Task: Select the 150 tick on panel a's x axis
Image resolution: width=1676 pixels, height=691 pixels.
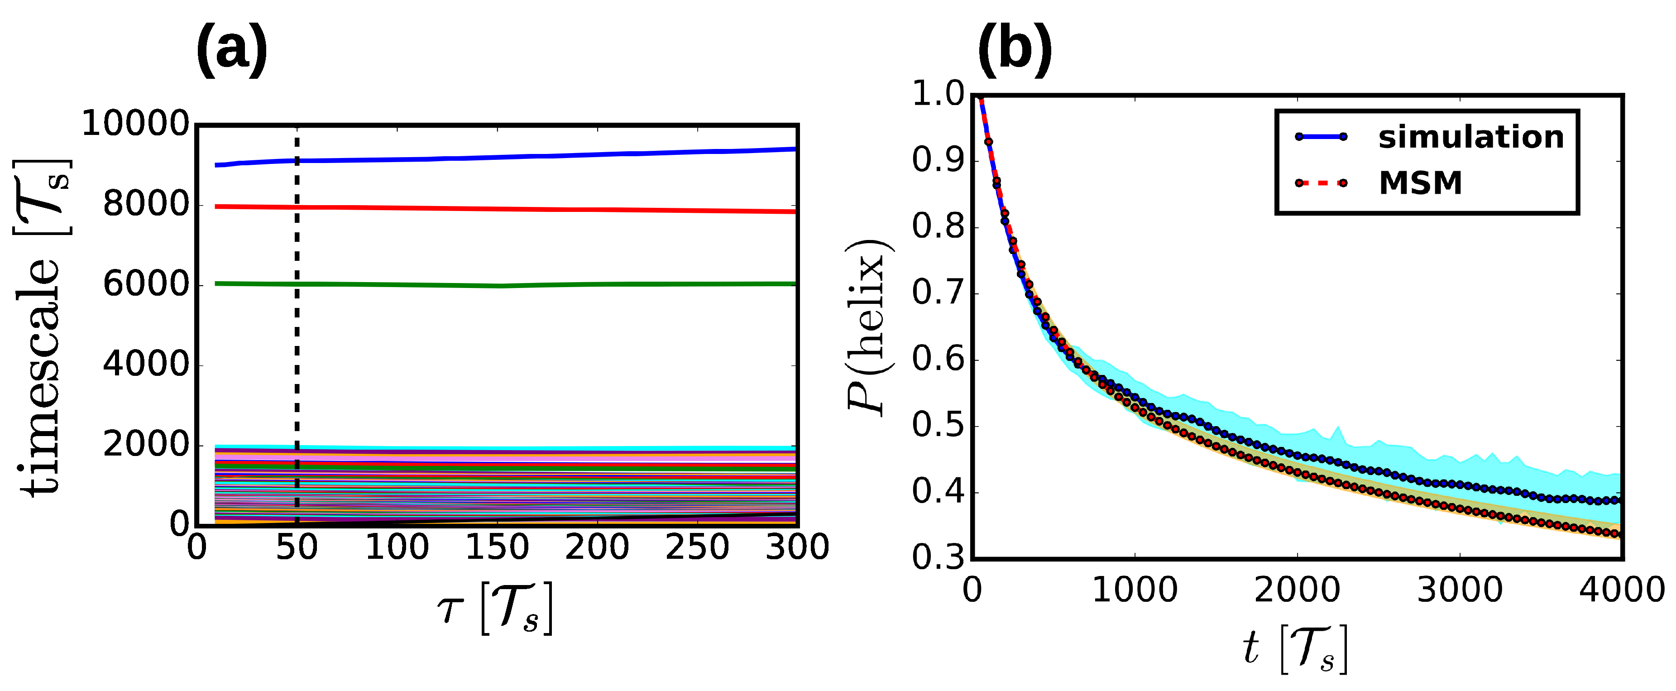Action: click(x=497, y=547)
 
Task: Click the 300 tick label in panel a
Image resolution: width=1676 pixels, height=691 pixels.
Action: click(x=797, y=547)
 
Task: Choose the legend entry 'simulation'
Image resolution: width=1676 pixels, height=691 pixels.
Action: click(x=1470, y=137)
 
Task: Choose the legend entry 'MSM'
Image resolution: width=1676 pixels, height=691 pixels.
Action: click(x=1420, y=183)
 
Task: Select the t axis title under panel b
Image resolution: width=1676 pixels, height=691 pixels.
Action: click(x=1295, y=649)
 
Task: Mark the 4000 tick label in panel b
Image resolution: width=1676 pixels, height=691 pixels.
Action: click(x=1621, y=590)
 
